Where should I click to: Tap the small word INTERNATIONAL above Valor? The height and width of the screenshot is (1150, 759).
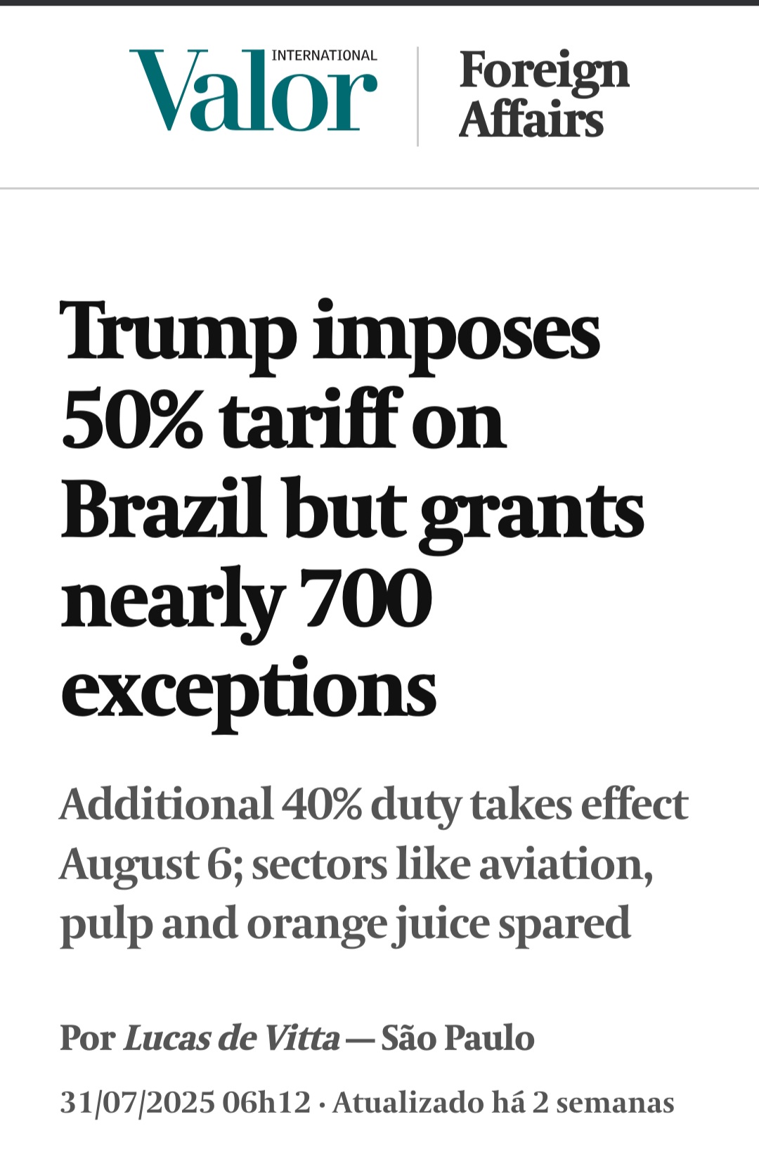(324, 56)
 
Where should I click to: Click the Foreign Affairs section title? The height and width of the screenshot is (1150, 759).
(543, 95)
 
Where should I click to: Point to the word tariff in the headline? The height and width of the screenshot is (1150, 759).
(312, 420)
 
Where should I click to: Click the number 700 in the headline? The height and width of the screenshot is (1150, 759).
(365, 599)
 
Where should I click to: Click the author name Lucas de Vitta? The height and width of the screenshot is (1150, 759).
(231, 1038)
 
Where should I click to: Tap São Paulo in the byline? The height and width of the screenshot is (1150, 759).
(458, 1038)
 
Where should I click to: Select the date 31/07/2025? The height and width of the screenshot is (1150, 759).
(136, 1102)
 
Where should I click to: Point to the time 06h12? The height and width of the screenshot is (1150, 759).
(266, 1102)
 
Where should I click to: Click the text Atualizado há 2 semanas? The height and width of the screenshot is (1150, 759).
(503, 1102)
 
